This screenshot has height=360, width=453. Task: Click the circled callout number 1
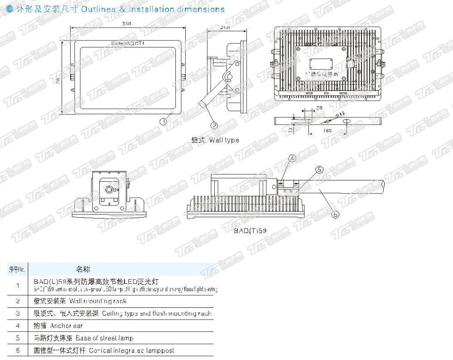(164, 121)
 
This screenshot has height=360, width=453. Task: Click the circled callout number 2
(214, 126)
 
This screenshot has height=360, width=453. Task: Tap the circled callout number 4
(292, 158)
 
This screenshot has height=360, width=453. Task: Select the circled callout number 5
(319, 170)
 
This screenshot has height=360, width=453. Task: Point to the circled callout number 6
(336, 214)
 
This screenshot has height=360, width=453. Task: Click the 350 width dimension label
(126, 24)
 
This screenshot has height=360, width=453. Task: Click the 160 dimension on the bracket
(328, 130)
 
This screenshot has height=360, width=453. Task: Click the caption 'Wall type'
(224, 140)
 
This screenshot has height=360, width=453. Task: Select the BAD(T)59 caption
(250, 231)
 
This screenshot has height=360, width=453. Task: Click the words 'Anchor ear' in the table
(66, 326)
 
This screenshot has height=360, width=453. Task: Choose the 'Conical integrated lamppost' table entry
(131, 350)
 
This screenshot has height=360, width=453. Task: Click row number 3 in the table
(18, 313)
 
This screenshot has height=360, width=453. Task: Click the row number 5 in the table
(18, 338)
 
